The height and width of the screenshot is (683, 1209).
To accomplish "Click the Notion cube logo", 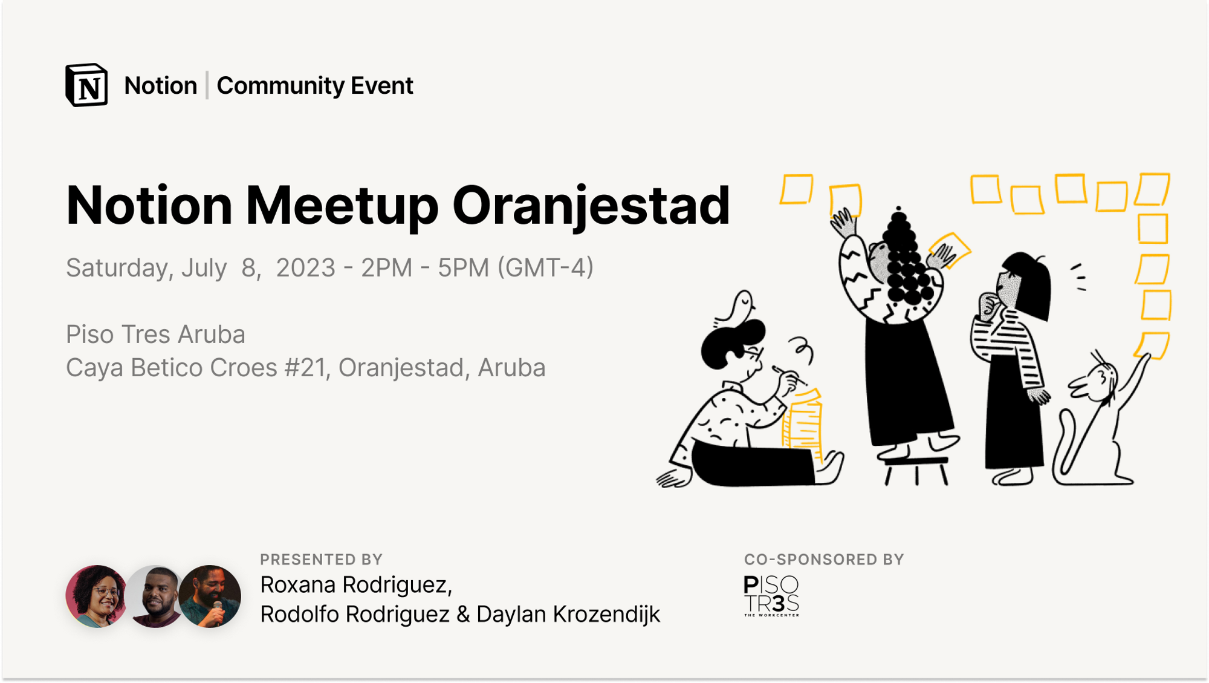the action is pyautogui.click(x=86, y=85).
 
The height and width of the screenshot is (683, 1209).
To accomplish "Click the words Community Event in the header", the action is pyautogui.click(x=315, y=86).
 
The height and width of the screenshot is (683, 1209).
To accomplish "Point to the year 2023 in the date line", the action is pyautogui.click(x=305, y=267).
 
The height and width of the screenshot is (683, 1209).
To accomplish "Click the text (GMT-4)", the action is pyautogui.click(x=545, y=267).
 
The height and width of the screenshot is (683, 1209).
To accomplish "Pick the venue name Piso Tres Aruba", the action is pyautogui.click(x=155, y=334).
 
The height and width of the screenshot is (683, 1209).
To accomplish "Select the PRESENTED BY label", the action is pyautogui.click(x=322, y=560).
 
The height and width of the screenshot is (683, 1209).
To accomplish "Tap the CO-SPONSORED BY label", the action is pyautogui.click(x=824, y=560).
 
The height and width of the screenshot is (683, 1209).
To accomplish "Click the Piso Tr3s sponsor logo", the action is pyautogui.click(x=771, y=596).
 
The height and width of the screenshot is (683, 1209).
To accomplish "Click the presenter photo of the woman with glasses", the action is pyautogui.click(x=97, y=596).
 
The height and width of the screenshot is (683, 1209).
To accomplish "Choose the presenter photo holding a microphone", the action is pyautogui.click(x=210, y=596).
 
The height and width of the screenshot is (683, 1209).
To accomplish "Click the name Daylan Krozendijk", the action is pyautogui.click(x=568, y=615).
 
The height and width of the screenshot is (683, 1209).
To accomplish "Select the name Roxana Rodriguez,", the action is pyautogui.click(x=356, y=585).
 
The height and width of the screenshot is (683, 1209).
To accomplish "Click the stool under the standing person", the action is pyautogui.click(x=916, y=469).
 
